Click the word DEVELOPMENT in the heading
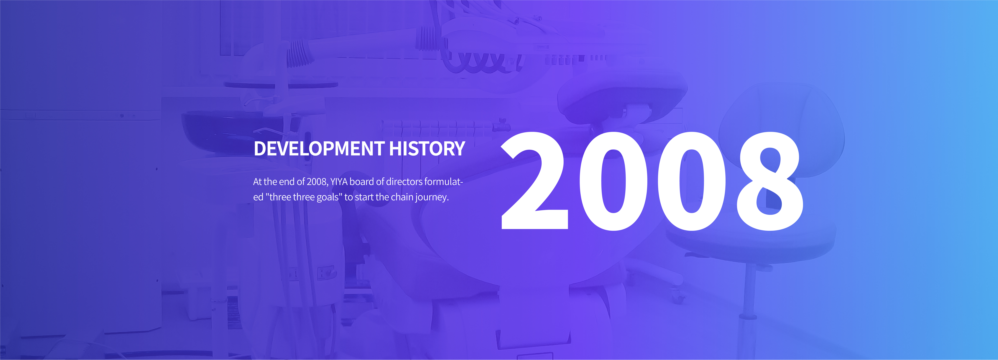(319, 148)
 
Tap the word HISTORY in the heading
(427, 148)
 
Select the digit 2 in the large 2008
(535, 181)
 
